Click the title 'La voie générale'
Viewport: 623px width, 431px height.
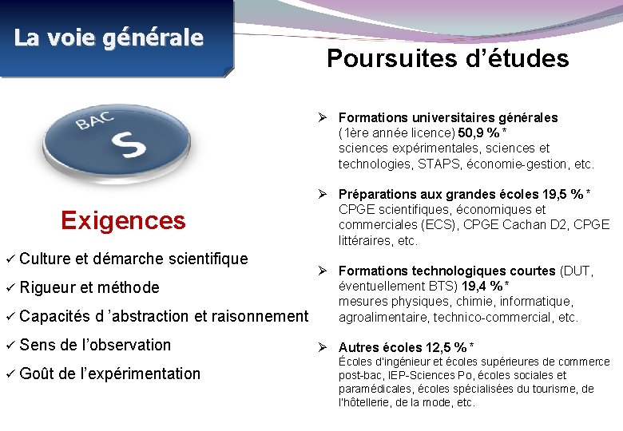coord(109,38)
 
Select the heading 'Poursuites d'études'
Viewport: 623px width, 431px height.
coord(447,59)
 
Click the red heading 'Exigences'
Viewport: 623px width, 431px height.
coord(123,220)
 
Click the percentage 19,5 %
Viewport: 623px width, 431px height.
coord(566,194)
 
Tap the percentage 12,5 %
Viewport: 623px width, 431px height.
coord(450,347)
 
